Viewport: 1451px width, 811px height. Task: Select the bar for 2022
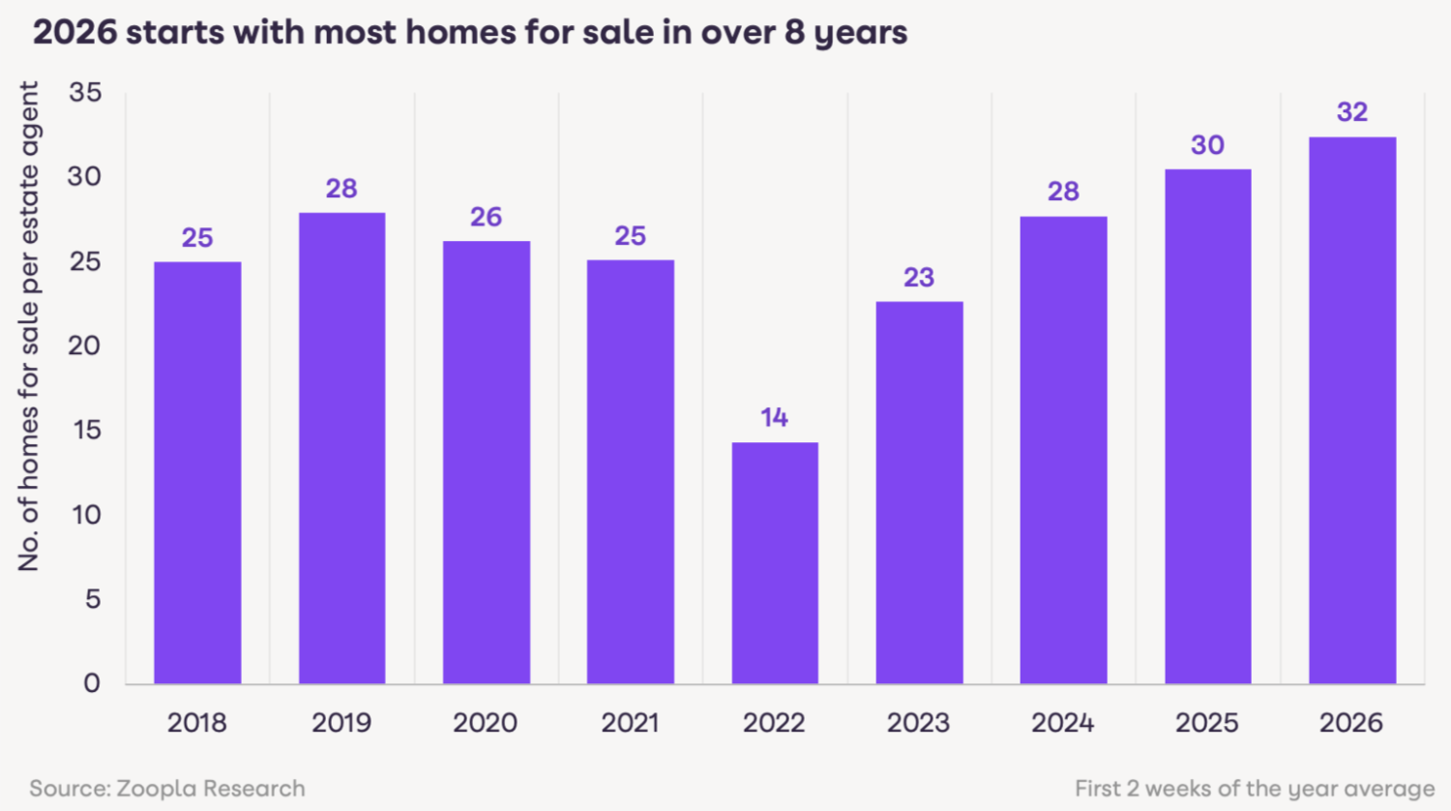coord(775,563)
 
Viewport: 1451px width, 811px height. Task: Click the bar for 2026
coord(1352,410)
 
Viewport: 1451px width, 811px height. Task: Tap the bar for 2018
coord(197,472)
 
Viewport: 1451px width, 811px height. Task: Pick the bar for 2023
coord(919,493)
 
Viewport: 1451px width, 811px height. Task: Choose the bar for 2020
coord(487,463)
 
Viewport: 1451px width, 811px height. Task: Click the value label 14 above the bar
coord(774,418)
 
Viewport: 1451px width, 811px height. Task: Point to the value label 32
coord(1352,112)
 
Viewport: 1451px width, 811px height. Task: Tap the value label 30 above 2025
coord(1207,145)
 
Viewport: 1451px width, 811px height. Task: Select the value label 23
coord(919,278)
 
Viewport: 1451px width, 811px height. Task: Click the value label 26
coord(486,217)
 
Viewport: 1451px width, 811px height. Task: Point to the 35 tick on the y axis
coord(85,93)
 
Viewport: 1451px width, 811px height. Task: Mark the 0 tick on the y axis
coord(92,683)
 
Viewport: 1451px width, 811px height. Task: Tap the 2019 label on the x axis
coord(341,723)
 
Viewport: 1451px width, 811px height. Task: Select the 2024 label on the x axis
coord(1062,723)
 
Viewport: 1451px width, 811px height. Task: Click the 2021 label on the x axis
coord(630,723)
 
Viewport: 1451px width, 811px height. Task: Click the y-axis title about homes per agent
coord(29,326)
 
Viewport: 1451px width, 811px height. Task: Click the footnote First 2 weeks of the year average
coord(1255,789)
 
